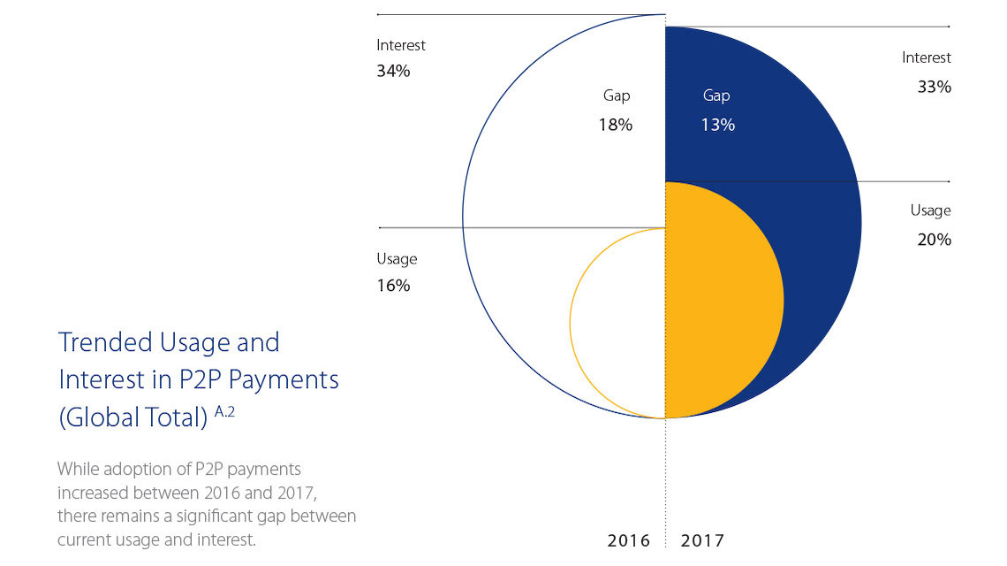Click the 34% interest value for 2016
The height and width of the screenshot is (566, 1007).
pyautogui.click(x=393, y=72)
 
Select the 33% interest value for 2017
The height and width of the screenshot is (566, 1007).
pyautogui.click(x=934, y=88)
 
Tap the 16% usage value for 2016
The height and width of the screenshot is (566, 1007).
pyautogui.click(x=393, y=286)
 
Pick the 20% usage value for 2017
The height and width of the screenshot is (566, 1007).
pyautogui.click(x=934, y=240)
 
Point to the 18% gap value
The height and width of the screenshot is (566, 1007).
pyautogui.click(x=616, y=125)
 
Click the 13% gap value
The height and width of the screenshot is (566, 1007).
pyautogui.click(x=717, y=125)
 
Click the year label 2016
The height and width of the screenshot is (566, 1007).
pyautogui.click(x=629, y=540)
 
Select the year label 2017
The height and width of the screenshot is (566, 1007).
pyautogui.click(x=702, y=540)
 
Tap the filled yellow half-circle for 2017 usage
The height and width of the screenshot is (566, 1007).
pyautogui.click(x=720, y=301)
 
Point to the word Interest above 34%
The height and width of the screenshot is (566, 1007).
pyautogui.click(x=401, y=44)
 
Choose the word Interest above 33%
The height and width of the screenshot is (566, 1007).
pyautogui.click(x=927, y=57)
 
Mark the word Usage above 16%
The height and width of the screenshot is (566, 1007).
pyautogui.click(x=397, y=258)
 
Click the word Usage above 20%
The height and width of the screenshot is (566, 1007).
pyautogui.click(x=931, y=210)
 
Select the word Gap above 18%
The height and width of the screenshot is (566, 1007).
pyautogui.click(x=617, y=96)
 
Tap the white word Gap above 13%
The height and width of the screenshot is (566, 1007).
pyautogui.click(x=716, y=96)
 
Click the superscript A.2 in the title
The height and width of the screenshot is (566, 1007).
pyautogui.click(x=225, y=409)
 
